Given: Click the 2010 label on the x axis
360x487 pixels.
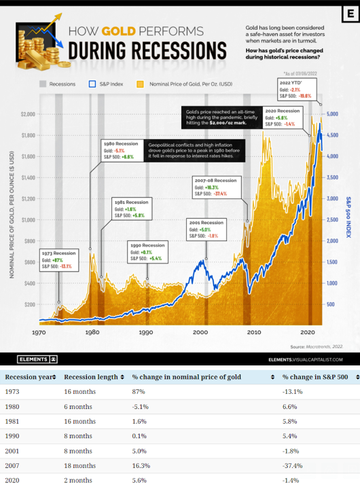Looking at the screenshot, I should pyautogui.click(x=254, y=333).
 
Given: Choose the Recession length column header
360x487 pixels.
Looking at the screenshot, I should pyautogui.click(x=91, y=376).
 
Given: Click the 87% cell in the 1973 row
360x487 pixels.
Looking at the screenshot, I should pyautogui.click(x=139, y=392).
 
